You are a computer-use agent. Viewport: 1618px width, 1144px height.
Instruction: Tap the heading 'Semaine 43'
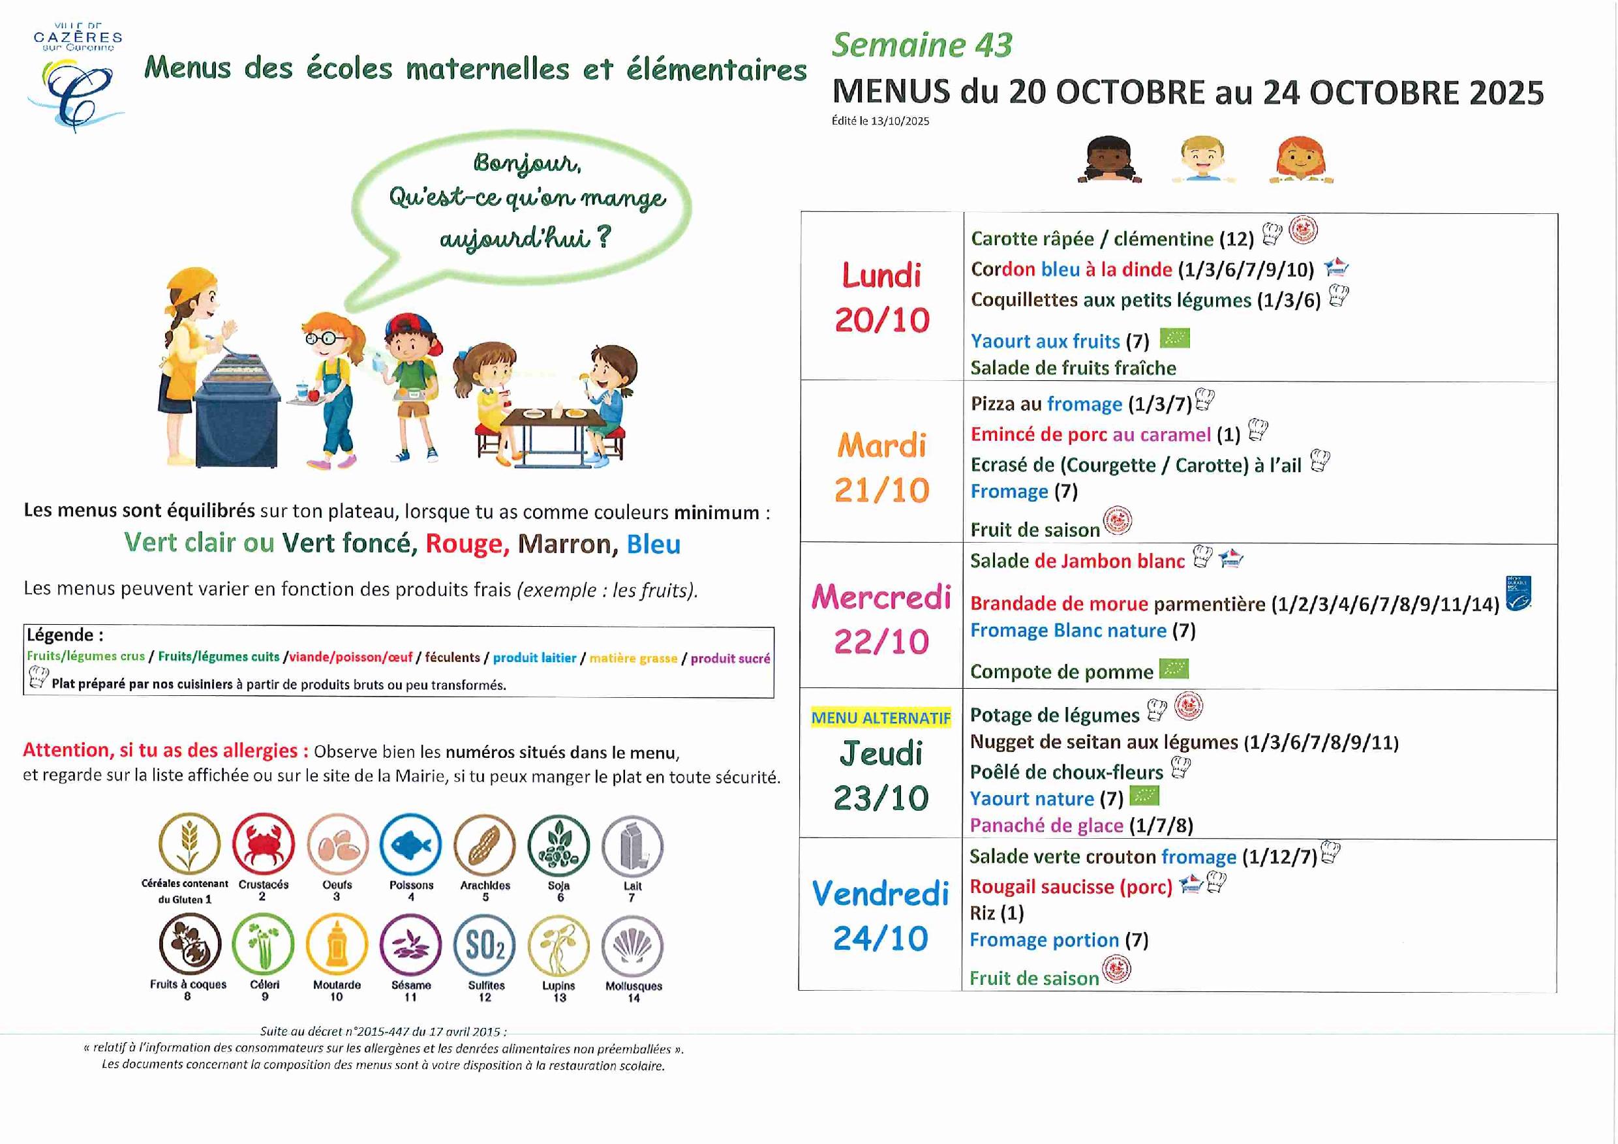tap(921, 46)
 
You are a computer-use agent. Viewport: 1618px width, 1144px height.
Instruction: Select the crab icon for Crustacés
tap(263, 844)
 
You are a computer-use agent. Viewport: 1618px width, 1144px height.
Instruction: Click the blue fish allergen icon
tap(410, 845)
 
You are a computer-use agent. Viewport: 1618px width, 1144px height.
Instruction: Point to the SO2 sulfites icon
tap(485, 944)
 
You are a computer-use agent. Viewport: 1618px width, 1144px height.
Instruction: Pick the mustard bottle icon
tap(337, 944)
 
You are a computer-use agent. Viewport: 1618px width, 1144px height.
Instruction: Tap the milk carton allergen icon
tap(632, 845)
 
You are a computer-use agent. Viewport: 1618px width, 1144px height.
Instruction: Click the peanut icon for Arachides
tap(485, 845)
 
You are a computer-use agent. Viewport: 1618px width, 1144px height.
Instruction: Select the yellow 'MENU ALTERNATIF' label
tap(881, 718)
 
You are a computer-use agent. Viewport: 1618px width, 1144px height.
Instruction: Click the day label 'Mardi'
tap(881, 446)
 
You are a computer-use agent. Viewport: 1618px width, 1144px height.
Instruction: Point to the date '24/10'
tap(881, 939)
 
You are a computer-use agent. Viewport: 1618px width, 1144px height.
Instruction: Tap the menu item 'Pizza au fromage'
tap(1046, 404)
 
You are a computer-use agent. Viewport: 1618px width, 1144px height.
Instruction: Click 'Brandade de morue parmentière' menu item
tap(1117, 604)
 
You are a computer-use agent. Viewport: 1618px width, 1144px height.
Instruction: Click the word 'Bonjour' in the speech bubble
tap(527, 164)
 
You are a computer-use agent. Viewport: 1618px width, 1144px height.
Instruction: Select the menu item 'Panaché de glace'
tap(1046, 825)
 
